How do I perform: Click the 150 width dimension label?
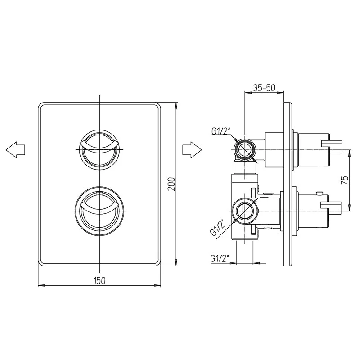pyautogui.click(x=99, y=280)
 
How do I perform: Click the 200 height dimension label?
pyautogui.click(x=171, y=184)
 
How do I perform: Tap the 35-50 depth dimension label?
pyautogui.click(x=264, y=88)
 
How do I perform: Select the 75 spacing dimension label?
pyautogui.click(x=345, y=180)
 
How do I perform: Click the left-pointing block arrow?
pyautogui.click(x=15, y=150)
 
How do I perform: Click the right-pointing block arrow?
pyautogui.click(x=192, y=150)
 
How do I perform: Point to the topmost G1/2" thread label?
pyautogui.click(x=220, y=131)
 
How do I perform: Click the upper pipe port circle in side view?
pyautogui.click(x=245, y=149)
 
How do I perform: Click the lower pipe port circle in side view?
pyautogui.click(x=245, y=211)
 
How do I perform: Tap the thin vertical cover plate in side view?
pyautogui.click(x=288, y=184)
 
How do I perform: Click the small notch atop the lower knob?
pyautogui.click(x=99, y=193)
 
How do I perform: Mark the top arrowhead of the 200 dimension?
pyautogui.click(x=176, y=106)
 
